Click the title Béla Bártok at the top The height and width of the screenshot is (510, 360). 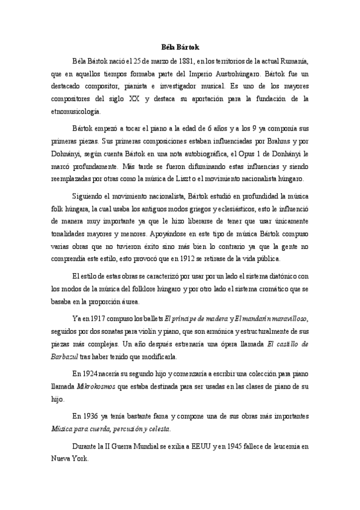(x=180, y=46)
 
